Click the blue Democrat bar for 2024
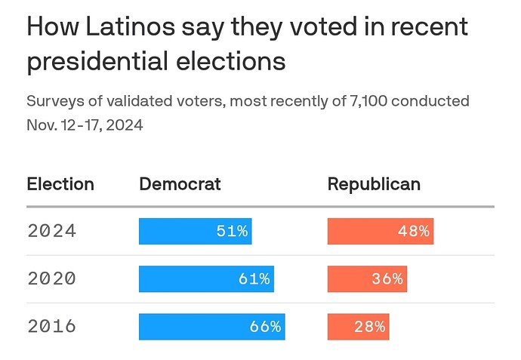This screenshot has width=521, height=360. click(x=195, y=231)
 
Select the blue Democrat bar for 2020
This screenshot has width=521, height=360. click(x=206, y=278)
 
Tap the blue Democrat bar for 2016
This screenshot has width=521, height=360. click(x=211, y=326)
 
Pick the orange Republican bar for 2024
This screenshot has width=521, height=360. click(x=380, y=231)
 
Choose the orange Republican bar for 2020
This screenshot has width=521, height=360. click(x=367, y=278)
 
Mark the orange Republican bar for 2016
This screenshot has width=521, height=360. click(x=358, y=326)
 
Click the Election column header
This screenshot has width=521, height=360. click(x=60, y=184)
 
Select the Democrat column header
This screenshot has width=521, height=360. click(x=180, y=184)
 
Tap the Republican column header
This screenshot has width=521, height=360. click(x=374, y=184)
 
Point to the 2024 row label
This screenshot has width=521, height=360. click(x=51, y=231)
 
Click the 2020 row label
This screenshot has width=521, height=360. click(x=51, y=278)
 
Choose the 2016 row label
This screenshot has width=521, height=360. click(x=51, y=326)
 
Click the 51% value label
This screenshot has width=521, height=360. click(x=232, y=231)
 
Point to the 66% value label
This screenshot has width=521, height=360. click(x=265, y=326)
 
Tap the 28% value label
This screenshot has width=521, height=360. click(x=370, y=326)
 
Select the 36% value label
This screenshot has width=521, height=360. click(x=387, y=278)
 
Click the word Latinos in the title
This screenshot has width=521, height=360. click(x=128, y=28)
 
